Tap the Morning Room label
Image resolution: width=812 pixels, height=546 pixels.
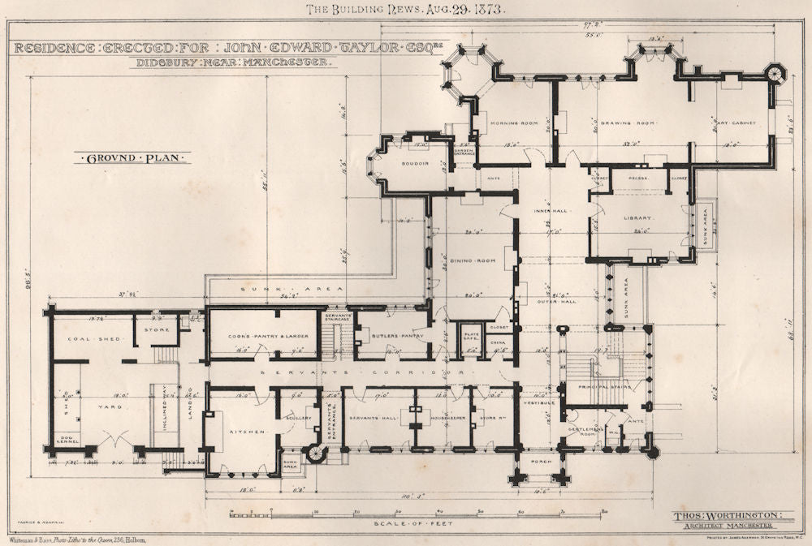[514, 123]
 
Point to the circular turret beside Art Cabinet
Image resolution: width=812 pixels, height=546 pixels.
[775, 74]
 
